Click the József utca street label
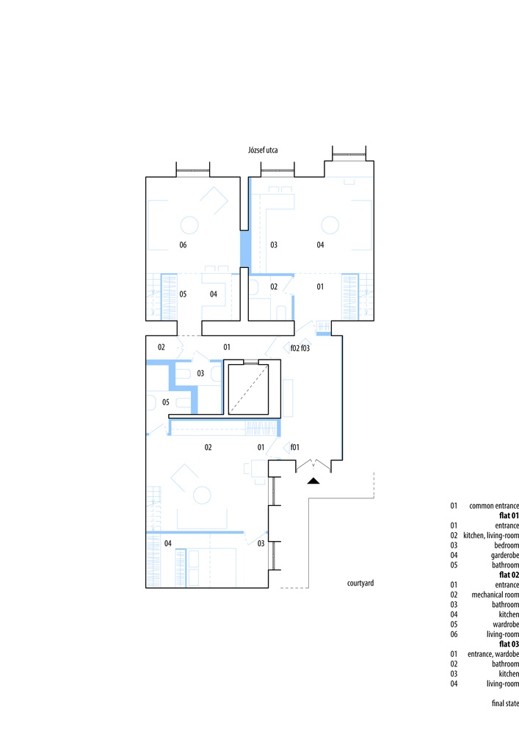tap(263, 150)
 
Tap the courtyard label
tap(360, 583)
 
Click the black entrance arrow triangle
tap(313, 480)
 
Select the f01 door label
tap(294, 447)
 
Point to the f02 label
tap(295, 348)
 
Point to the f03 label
tap(305, 348)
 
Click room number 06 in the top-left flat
tap(183, 245)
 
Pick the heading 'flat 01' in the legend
tap(509, 515)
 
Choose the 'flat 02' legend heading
tap(509, 575)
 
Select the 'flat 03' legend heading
tap(509, 644)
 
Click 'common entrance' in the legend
tap(494, 506)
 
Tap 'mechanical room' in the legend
tap(495, 595)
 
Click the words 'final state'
tap(505, 703)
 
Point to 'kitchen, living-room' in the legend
tap(491, 535)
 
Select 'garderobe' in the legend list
tap(505, 555)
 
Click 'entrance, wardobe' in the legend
tap(493, 654)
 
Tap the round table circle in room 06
tap(189, 225)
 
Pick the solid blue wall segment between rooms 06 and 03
tap(244, 249)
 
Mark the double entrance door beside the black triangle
tap(313, 465)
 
